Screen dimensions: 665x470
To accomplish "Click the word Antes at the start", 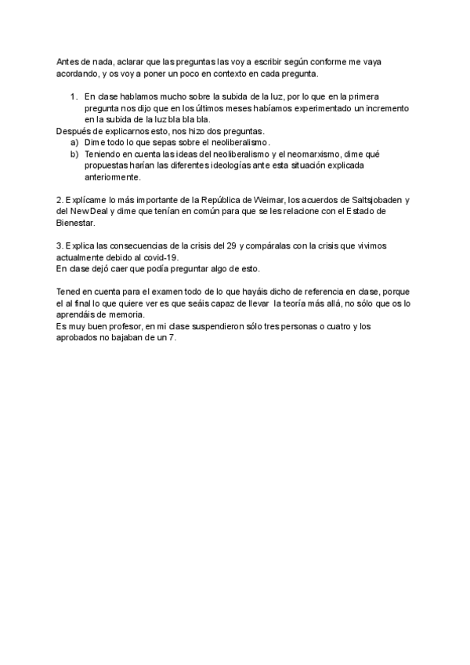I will [x=68, y=61].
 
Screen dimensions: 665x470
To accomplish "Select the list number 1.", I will [x=74, y=96].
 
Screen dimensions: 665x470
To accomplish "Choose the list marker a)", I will [x=74, y=143].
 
